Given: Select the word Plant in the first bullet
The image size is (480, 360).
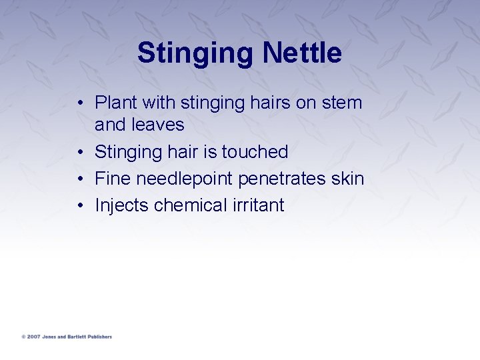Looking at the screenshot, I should point(115,103).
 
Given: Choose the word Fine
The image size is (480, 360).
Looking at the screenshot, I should point(113,179).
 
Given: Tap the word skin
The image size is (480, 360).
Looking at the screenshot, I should point(348,179).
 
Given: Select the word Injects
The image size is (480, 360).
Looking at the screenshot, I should point(122,205).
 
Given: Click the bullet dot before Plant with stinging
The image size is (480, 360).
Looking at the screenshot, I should point(79,103).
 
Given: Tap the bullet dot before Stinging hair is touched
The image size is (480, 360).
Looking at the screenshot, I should point(79,152).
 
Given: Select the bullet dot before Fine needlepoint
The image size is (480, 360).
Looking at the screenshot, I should point(79,179).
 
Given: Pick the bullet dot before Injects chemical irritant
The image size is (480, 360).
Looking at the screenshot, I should point(79,206).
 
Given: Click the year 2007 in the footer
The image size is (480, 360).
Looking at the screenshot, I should point(33,337).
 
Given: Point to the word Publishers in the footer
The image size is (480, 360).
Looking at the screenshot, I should point(98,337).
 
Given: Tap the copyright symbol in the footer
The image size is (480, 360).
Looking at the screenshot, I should point(23,337).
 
